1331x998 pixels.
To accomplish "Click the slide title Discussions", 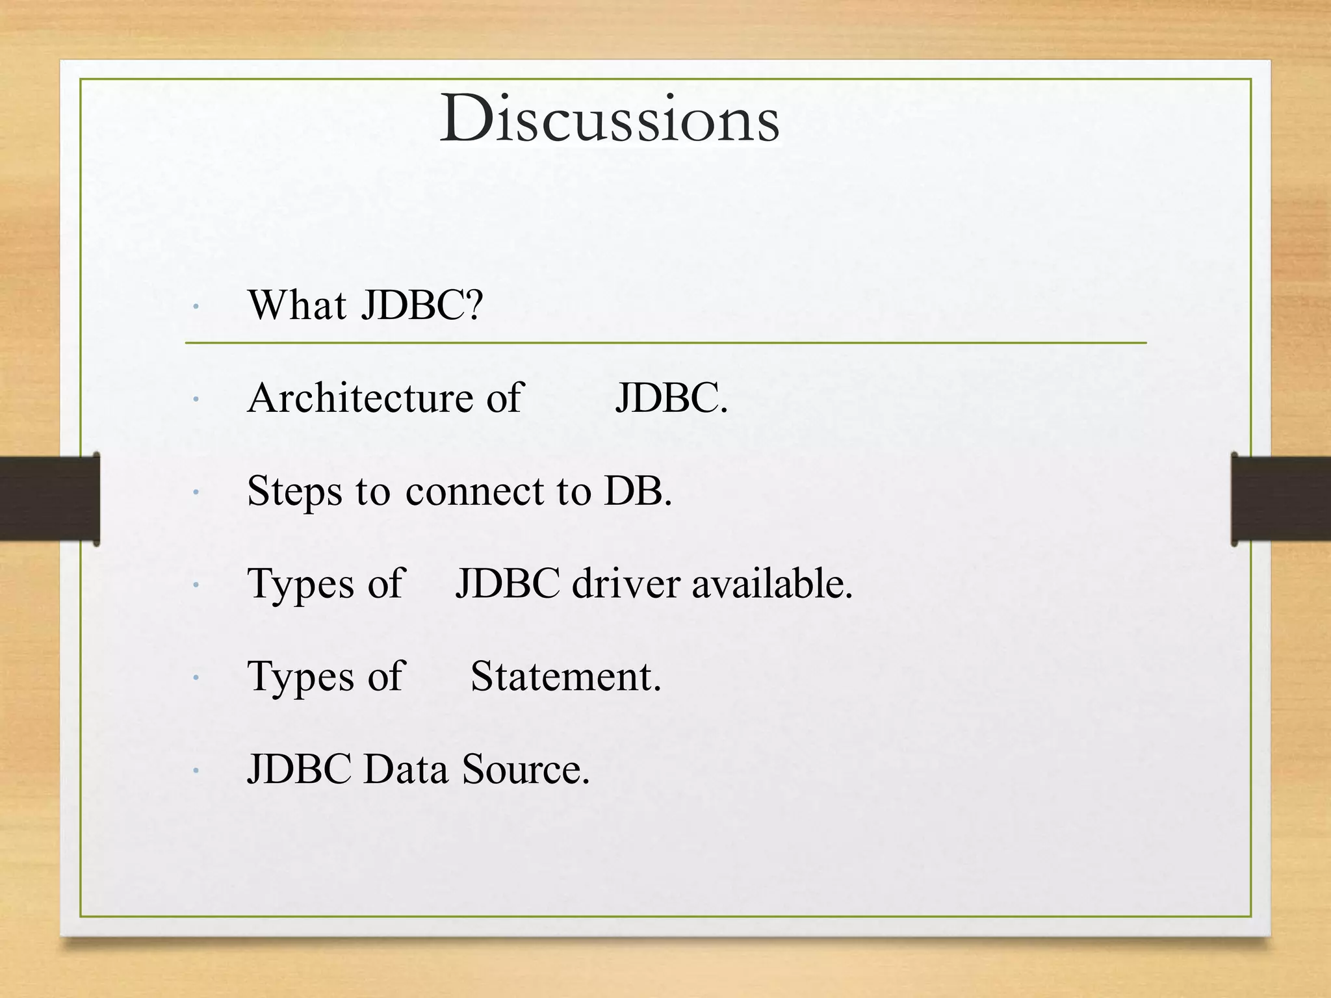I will pos(610,120).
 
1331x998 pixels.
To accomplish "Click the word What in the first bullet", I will pos(297,305).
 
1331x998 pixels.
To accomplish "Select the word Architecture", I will pos(360,398).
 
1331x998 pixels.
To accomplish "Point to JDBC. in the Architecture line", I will pos(671,398).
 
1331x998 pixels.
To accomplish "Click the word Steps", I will pos(294,491).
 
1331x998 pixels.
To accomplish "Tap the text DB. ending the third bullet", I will pos(638,491).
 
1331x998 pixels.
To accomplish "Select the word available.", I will pos(771,583).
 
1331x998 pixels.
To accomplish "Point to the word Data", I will pos(406,769).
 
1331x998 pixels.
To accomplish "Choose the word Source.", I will pos(525,769).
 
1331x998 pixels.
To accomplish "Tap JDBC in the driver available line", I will pos(507,583).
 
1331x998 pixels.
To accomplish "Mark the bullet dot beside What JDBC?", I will pos(195,306).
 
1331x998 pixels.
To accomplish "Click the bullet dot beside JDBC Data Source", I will pos(195,771).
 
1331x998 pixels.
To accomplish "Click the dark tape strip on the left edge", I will pos(49,498).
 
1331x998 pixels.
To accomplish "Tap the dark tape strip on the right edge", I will pos(1280,498).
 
